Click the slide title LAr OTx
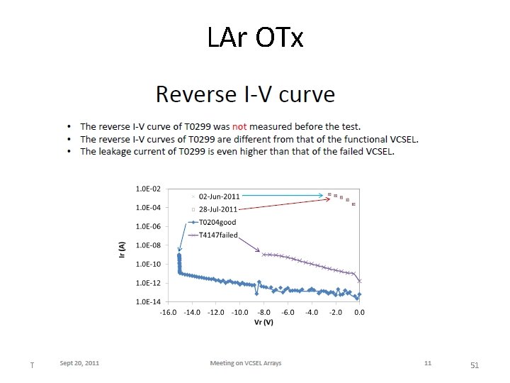(x=255, y=37)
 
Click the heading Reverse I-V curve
(x=245, y=94)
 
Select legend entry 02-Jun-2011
(x=218, y=196)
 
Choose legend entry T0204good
(x=217, y=222)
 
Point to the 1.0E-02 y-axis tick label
(x=148, y=189)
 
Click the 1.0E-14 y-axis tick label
(x=148, y=301)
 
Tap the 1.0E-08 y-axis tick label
(x=148, y=245)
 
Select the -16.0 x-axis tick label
(x=168, y=312)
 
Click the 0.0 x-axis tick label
(x=359, y=312)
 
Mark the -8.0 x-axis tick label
(x=263, y=312)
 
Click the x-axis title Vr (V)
(x=263, y=322)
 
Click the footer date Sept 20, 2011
(x=79, y=363)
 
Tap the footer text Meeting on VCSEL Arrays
(x=246, y=363)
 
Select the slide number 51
(x=475, y=365)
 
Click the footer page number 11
(x=428, y=363)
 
